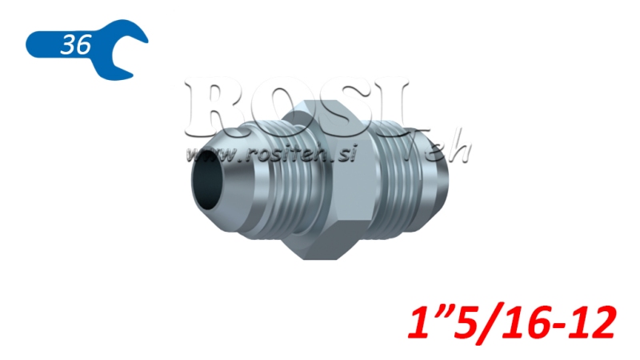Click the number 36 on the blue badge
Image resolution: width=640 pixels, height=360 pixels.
pos(75,45)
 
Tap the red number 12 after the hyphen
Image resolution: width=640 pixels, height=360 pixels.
pos(593,323)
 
